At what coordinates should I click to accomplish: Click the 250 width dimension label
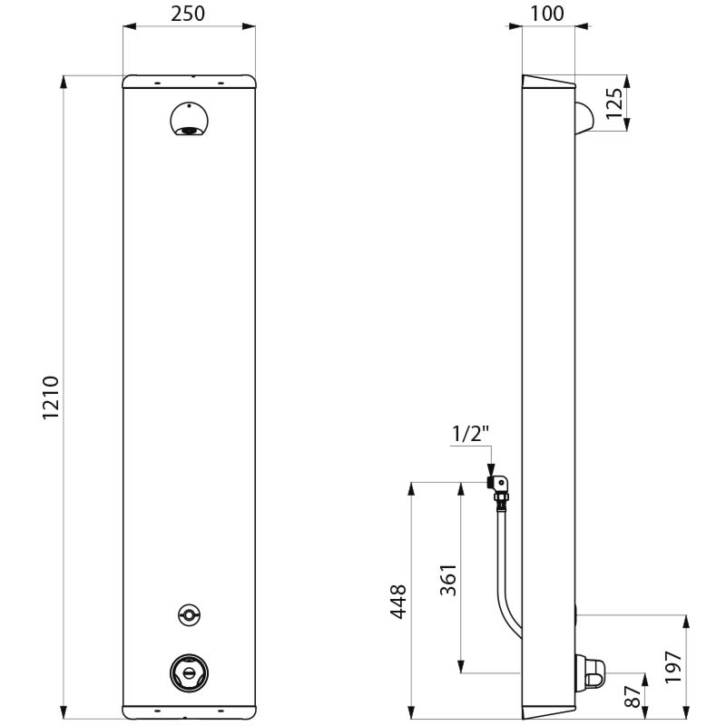189,13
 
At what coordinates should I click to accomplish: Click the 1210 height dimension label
51,397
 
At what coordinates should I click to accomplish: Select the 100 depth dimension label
547,13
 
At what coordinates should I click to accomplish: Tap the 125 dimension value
614,103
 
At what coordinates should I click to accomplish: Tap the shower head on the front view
189,121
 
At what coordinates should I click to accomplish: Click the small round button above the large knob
189,614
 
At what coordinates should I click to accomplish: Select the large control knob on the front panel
189,673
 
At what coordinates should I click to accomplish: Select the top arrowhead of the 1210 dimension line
64,82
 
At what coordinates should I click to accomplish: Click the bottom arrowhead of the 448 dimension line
413,710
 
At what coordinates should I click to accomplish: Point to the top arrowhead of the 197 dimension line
686,621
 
